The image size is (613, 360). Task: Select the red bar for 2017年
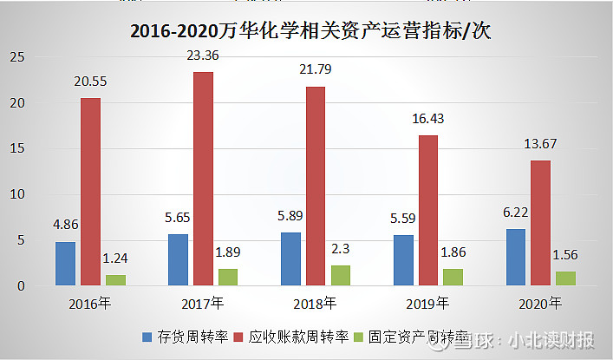coord(203,179)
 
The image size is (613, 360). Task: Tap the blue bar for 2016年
coord(65,264)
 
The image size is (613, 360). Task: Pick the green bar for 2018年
coord(341,275)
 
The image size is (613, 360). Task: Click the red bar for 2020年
coord(540,223)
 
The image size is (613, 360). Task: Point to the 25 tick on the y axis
coord(17,57)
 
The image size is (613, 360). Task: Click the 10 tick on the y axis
coord(17,194)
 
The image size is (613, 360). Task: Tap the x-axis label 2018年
coord(316,303)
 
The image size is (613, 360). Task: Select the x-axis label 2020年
coord(540,303)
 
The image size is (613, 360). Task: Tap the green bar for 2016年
coord(115,280)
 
